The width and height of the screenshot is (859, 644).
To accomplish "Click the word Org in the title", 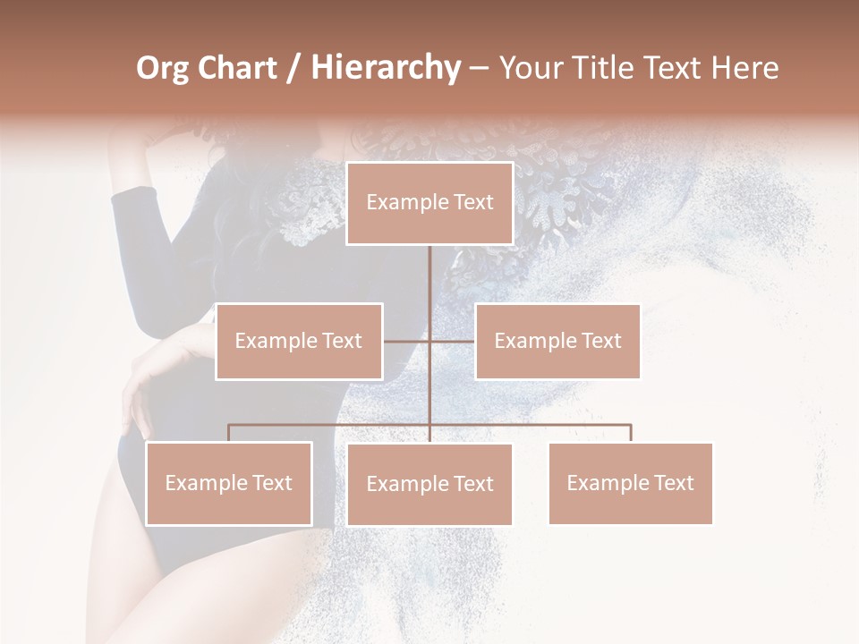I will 162,68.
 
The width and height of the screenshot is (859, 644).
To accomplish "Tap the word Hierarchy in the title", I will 385,68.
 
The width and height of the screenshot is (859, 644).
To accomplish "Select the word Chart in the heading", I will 237,68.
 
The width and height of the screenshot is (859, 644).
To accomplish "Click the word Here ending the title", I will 744,68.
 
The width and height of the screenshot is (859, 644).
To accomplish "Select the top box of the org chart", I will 429,203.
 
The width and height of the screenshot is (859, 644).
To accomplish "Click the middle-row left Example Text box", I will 299,341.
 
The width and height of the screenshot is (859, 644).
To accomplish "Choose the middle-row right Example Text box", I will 557,341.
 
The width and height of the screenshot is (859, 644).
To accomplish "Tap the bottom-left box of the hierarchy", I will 229,484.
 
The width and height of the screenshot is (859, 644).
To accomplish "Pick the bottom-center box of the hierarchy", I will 429,485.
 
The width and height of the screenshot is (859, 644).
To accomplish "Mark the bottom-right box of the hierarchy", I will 630,484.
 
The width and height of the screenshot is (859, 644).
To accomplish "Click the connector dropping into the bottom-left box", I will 229,433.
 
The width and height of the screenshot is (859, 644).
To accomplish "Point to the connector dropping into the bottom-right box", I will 631,433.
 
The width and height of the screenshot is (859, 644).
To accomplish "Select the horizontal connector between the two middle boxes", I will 429,341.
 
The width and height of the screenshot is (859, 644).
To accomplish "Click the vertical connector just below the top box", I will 429,268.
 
